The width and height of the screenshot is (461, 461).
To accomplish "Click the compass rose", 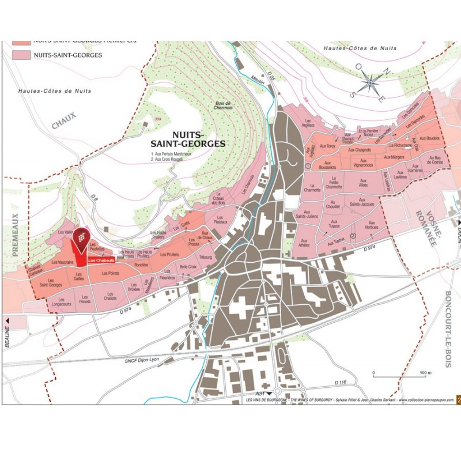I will point(369,85).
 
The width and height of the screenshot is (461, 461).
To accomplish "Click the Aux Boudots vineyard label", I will point(429,138).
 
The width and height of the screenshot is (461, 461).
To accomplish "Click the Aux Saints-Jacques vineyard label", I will point(362,203).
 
